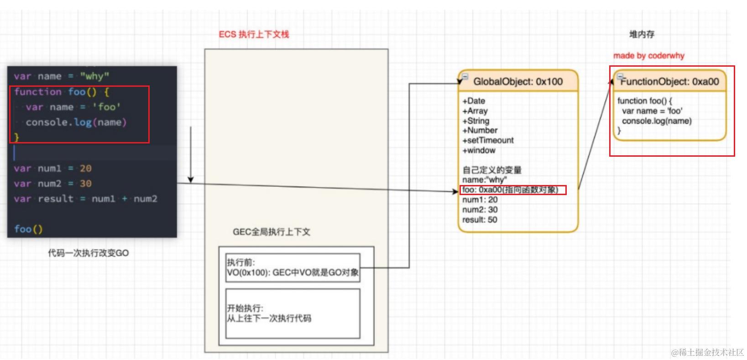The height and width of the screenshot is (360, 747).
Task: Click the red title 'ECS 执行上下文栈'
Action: (x=254, y=34)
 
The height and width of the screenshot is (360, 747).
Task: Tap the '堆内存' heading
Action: (x=642, y=34)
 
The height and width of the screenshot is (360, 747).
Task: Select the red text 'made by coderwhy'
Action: (x=648, y=56)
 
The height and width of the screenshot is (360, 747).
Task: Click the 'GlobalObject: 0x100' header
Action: (x=518, y=82)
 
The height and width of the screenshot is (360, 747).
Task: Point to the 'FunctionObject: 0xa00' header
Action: (x=669, y=82)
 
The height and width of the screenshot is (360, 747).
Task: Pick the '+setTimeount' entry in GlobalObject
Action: (x=488, y=140)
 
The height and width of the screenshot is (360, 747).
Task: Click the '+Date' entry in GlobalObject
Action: (x=474, y=101)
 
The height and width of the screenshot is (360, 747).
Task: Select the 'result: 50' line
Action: (x=480, y=220)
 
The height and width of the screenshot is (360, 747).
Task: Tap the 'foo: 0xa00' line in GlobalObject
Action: (x=510, y=190)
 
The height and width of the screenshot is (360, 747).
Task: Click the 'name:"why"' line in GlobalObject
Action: (x=484, y=180)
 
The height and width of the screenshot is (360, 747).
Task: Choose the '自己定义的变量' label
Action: (x=492, y=170)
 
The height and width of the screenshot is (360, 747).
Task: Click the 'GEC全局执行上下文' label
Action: (x=272, y=232)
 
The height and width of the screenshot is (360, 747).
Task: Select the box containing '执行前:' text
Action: (x=293, y=268)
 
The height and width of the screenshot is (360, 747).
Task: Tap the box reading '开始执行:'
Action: (x=293, y=313)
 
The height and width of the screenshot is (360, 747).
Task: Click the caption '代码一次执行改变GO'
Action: (x=89, y=253)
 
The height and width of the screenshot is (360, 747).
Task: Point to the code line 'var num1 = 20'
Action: (x=52, y=169)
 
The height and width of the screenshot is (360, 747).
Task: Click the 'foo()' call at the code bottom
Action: (x=28, y=229)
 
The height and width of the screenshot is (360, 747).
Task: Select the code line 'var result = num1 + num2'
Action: (x=85, y=199)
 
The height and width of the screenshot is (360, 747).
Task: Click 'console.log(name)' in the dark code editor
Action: (x=76, y=122)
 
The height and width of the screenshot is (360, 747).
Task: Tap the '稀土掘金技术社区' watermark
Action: (x=707, y=352)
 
